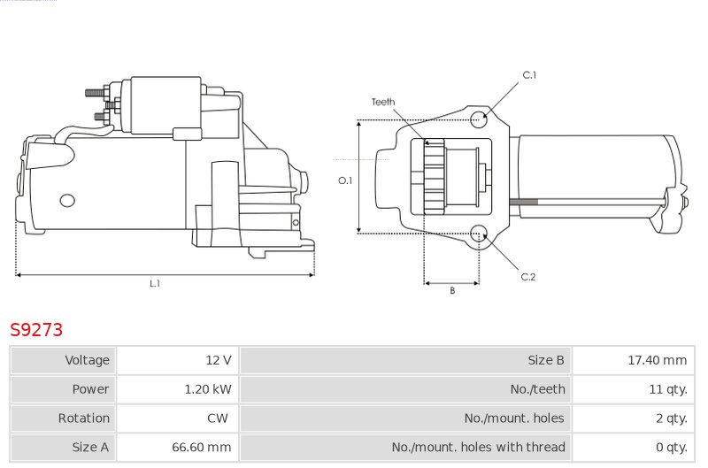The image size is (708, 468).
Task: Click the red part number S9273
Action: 36,329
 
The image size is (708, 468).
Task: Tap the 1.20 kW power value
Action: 208,389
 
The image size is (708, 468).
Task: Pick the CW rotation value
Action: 217,418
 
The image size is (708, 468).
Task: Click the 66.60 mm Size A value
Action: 202,447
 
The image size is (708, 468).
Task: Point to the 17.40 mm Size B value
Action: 657,360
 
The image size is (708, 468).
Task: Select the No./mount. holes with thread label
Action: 478,447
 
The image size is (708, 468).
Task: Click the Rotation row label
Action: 83,418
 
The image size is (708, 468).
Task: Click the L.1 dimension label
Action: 155,283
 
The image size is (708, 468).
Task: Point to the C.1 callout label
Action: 529,75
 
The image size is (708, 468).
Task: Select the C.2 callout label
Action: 527,277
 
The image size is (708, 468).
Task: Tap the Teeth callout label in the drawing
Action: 383,102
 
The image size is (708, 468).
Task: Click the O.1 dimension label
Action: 345,180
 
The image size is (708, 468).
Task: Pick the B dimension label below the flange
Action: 452,291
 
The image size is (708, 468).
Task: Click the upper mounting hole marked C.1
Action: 479,119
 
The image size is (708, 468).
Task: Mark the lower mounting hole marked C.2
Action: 479,234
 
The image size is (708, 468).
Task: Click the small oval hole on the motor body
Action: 67,200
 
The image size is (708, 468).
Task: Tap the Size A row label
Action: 90,447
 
